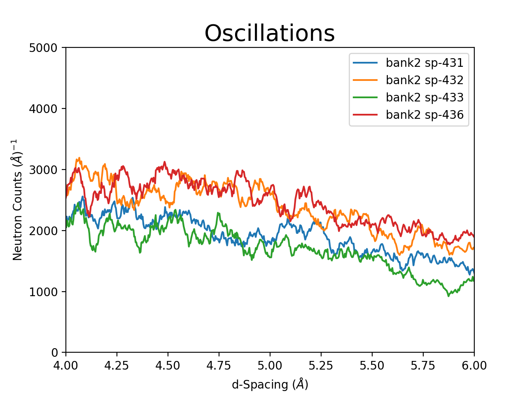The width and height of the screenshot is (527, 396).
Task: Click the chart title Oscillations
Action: [x=270, y=33]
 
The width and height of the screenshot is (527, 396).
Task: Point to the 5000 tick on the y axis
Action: [x=43, y=48]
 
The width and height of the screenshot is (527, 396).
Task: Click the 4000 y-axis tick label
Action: [x=43, y=109]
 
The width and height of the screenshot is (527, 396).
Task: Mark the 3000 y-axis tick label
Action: [x=43, y=170]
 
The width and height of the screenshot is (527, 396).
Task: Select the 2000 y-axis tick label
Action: [x=43, y=231]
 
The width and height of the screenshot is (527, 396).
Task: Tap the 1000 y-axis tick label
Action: [x=43, y=292]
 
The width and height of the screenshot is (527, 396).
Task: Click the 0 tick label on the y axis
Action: [x=54, y=353]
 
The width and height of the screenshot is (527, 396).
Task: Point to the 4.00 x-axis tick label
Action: [x=66, y=366]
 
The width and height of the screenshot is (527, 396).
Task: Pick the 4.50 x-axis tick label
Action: [x=168, y=366]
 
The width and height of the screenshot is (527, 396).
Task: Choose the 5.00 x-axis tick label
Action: [x=270, y=366]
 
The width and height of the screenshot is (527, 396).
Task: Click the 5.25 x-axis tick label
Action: [x=321, y=366]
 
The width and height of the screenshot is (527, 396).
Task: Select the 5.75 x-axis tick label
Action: [x=423, y=366]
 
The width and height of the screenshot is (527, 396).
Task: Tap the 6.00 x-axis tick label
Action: [x=474, y=366]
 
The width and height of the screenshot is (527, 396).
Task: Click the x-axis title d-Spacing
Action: [x=270, y=384]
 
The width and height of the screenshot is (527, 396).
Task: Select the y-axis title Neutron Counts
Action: [x=17, y=200]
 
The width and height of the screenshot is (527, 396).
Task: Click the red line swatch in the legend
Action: [x=365, y=115]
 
